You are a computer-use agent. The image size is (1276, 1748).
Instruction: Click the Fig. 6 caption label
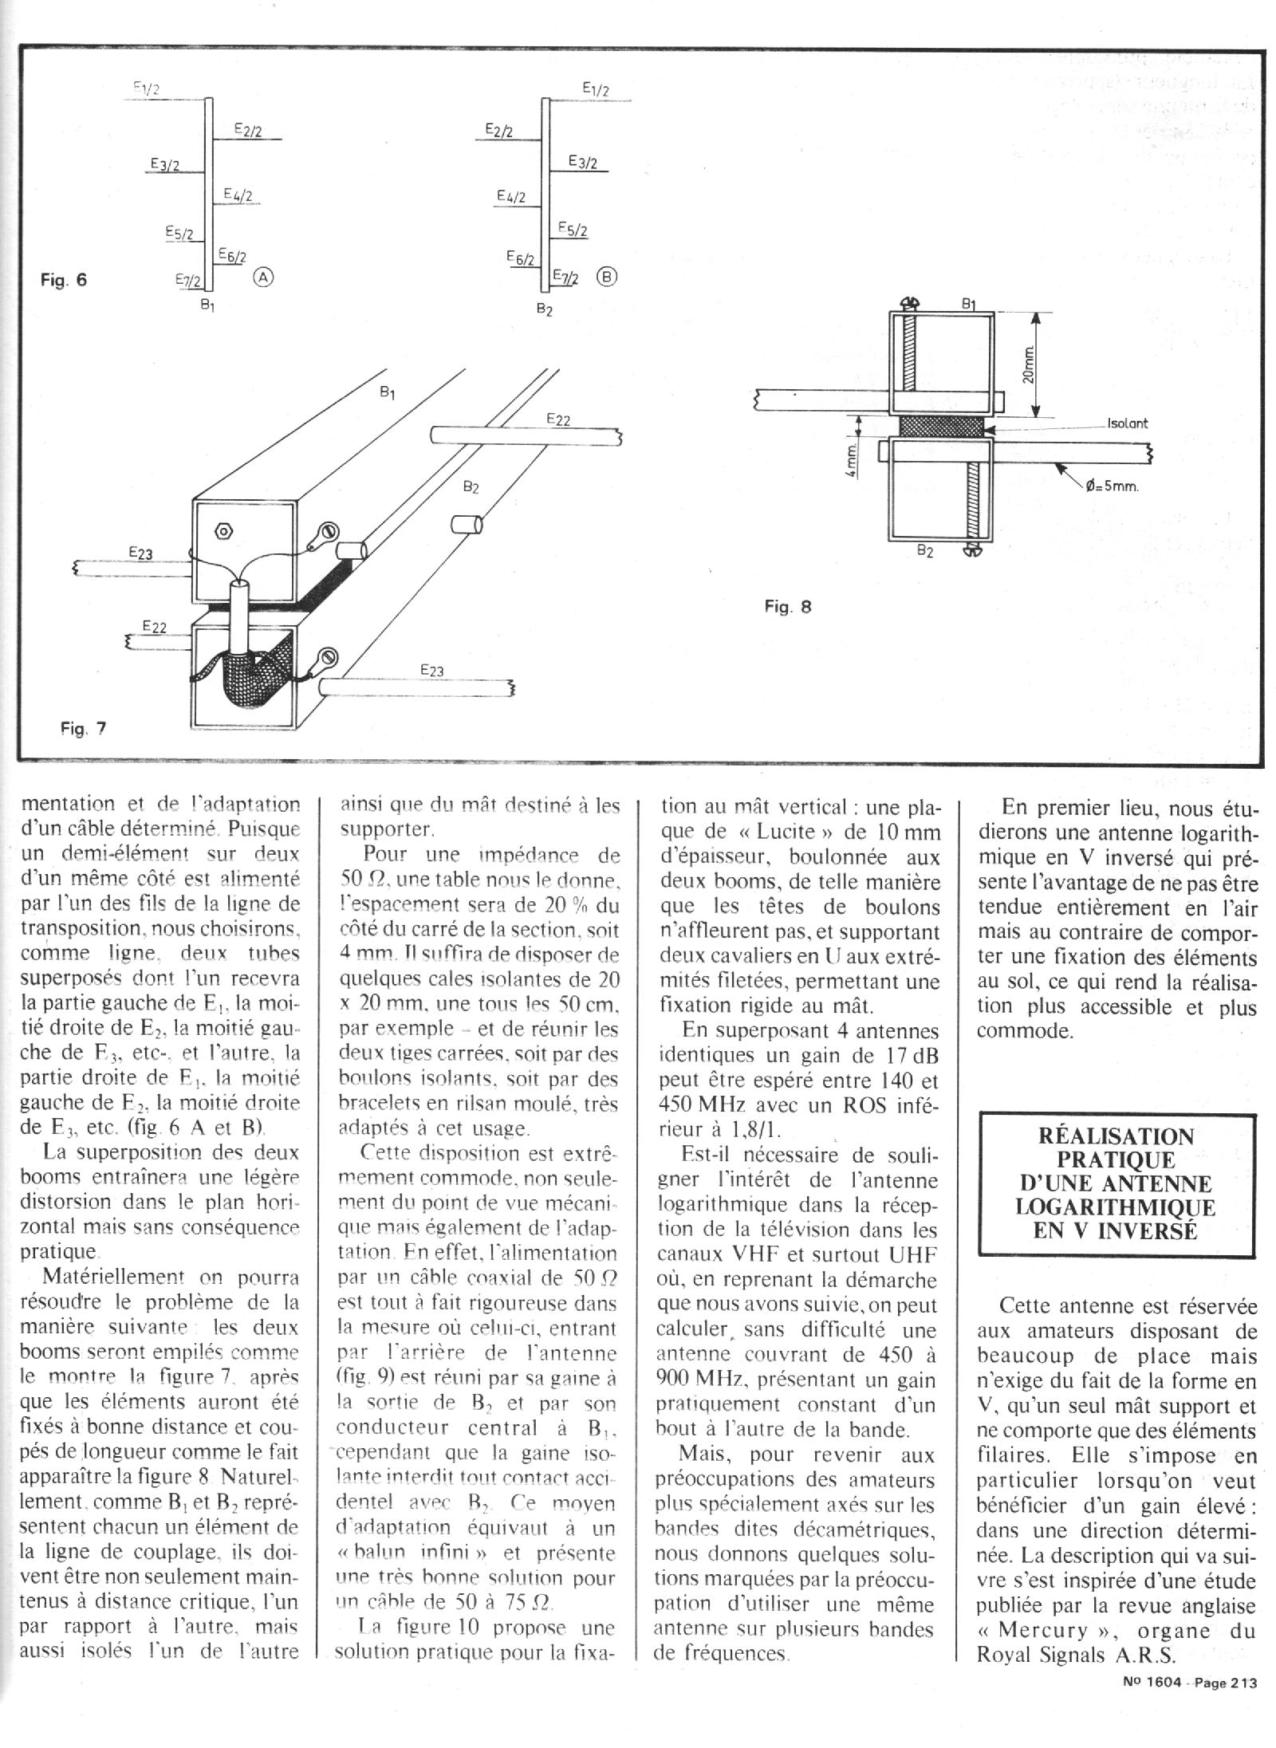(63, 281)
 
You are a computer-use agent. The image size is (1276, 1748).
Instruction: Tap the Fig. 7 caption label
(83, 728)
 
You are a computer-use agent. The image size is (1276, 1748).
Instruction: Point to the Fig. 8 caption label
(787, 607)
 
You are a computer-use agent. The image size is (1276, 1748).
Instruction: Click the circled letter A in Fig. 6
(264, 278)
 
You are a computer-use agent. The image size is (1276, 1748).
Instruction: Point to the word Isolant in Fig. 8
(1128, 423)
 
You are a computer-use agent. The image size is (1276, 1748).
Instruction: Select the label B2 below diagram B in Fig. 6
(545, 309)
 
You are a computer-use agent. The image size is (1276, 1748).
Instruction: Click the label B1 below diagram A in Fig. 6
(207, 304)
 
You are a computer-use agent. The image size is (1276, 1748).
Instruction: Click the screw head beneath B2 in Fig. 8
(972, 549)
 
